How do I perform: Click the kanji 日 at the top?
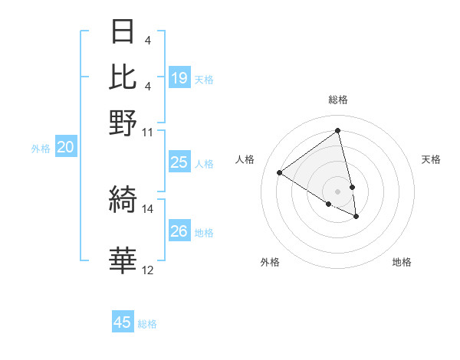123,33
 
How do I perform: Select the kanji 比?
123,77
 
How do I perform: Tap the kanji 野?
123,123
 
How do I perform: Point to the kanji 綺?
123,200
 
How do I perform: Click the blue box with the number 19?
179,78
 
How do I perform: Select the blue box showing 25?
179,162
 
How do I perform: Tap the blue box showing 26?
179,231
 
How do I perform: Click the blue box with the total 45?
123,322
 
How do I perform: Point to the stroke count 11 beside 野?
148,131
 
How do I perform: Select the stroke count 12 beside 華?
148,270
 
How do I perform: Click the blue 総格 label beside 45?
148,324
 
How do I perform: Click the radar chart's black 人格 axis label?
245,159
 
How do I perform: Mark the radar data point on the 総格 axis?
338,131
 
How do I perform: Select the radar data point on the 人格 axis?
280,173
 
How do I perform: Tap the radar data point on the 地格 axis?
356,217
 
